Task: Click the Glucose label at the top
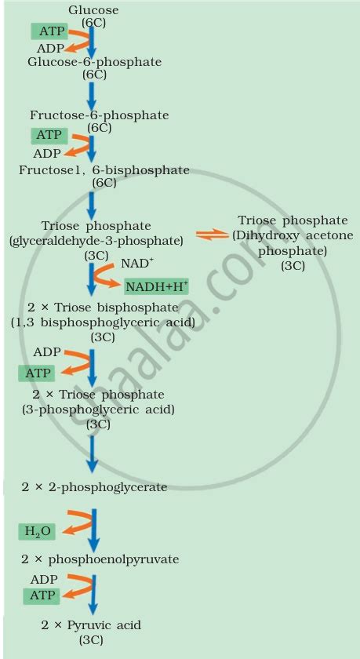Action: pyautogui.click(x=93, y=10)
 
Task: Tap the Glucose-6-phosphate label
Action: pyautogui.click(x=95, y=62)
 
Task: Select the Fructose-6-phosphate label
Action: pyautogui.click(x=99, y=115)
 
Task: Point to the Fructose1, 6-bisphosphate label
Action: pyautogui.click(x=104, y=170)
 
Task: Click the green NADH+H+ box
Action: pyautogui.click(x=157, y=286)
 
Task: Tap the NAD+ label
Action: pyautogui.click(x=135, y=264)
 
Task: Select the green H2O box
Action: pyautogui.click(x=37, y=532)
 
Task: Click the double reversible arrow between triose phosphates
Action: pyautogui.click(x=213, y=235)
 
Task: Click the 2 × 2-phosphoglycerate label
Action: pyautogui.click(x=95, y=487)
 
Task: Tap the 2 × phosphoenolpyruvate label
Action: pyautogui.click(x=100, y=559)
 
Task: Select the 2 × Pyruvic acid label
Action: pyautogui.click(x=91, y=625)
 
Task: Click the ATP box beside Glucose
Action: pyautogui.click(x=49, y=31)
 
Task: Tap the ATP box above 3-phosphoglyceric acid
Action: pyautogui.click(x=37, y=373)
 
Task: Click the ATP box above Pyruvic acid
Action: pyautogui.click(x=42, y=595)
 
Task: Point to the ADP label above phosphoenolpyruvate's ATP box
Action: pyautogui.click(x=44, y=580)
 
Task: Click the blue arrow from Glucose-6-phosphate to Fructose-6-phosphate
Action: pyautogui.click(x=92, y=96)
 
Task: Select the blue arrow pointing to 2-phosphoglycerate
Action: pyautogui.click(x=92, y=454)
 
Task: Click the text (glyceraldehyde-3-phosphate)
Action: pyautogui.click(x=96, y=242)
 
